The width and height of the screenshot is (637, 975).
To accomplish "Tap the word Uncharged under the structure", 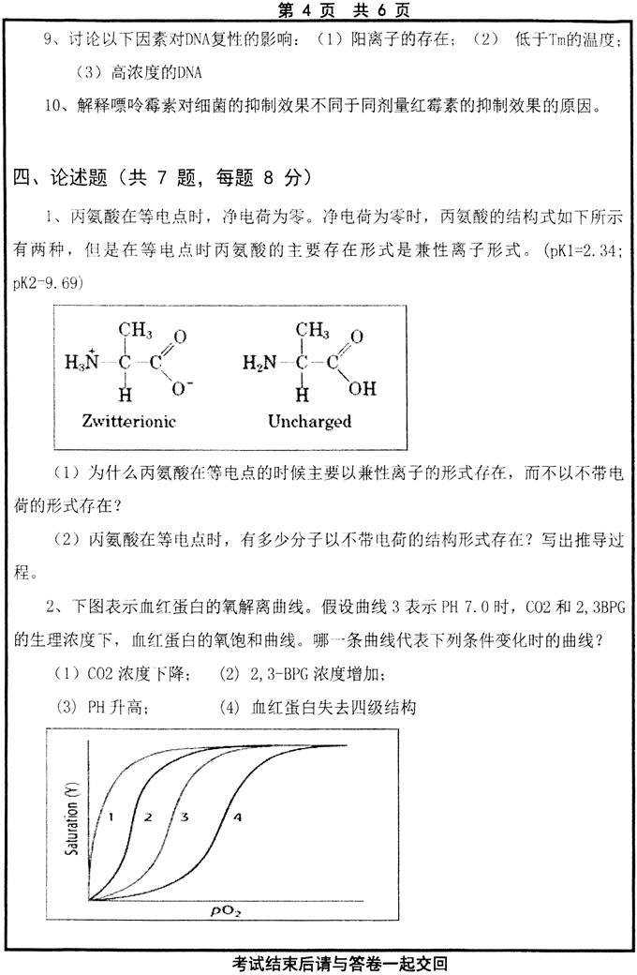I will click(309, 421).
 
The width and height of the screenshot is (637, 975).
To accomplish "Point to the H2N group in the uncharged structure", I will click(259, 362).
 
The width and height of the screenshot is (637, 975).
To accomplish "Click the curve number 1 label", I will click(111, 816).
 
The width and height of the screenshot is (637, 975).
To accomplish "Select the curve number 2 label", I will click(148, 816).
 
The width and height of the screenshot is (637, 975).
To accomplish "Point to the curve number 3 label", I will click(185, 816).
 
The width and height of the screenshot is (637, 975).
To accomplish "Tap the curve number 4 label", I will click(237, 817).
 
